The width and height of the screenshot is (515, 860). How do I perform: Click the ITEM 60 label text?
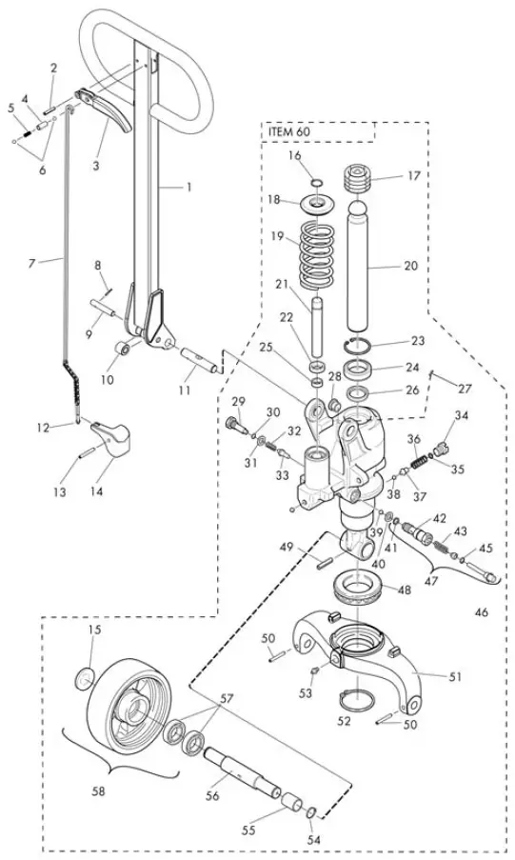click(289, 132)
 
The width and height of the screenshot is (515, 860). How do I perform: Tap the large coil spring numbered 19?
click(317, 254)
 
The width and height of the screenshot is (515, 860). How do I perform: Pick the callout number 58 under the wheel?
click(100, 790)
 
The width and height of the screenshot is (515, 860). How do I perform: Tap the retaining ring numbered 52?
click(356, 700)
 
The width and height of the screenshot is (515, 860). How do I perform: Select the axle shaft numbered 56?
click(242, 772)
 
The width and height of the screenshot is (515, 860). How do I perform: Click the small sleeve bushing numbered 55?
click(293, 804)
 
